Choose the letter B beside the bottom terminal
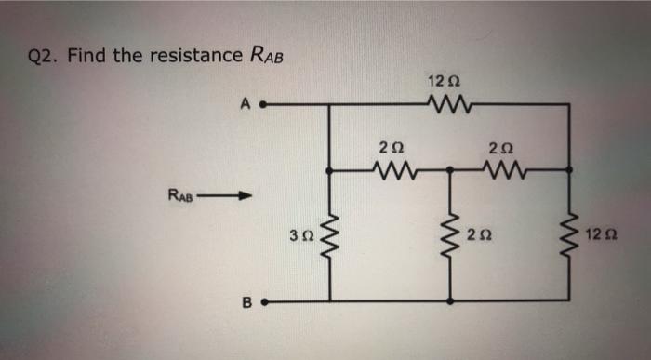tap(247, 301)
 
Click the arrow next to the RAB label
tap(232, 195)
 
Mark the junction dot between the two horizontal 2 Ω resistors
tap(451, 170)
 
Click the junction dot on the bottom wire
tap(451, 301)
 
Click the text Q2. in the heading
tap(43, 56)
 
